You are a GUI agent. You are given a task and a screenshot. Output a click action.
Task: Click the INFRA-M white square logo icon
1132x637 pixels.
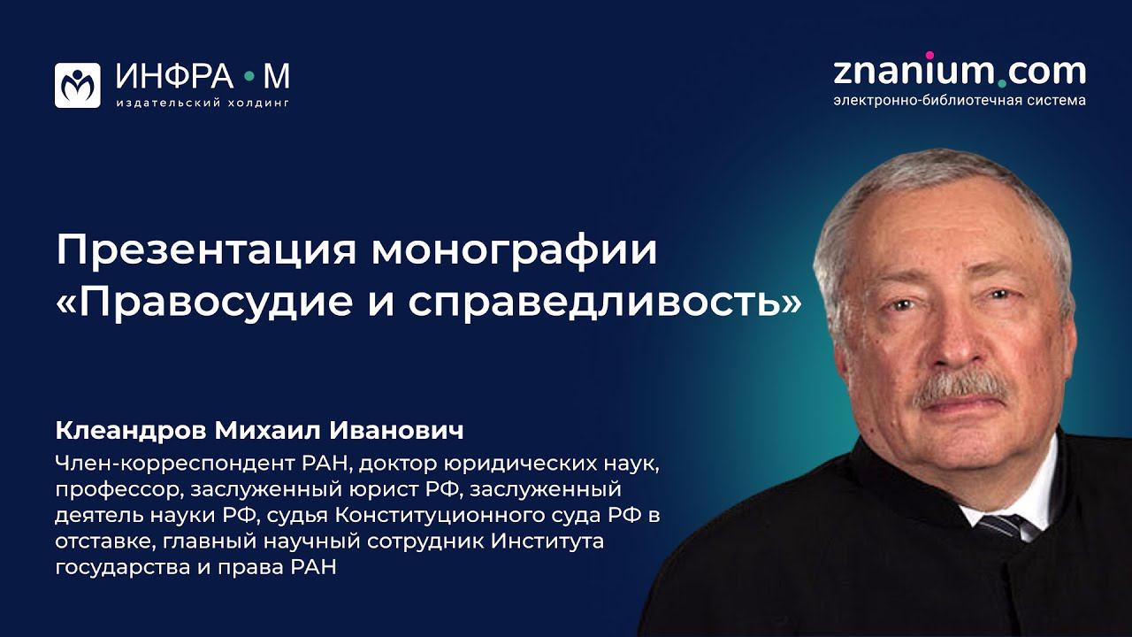pos(78,85)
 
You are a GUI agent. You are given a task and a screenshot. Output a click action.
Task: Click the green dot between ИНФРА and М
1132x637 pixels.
pos(249,79)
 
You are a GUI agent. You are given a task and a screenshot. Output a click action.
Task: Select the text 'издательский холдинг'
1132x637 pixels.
pos(203,103)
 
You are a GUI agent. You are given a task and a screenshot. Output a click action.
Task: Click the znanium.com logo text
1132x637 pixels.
pos(960,71)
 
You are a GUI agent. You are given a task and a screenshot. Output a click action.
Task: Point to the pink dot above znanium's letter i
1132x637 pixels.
pos(929,55)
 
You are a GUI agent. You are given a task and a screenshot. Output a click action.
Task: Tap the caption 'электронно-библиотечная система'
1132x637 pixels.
pos(960,100)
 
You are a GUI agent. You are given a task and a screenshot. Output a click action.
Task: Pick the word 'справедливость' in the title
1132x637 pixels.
pos(596,302)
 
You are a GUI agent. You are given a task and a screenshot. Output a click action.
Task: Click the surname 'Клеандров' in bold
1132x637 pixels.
pos(130,432)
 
